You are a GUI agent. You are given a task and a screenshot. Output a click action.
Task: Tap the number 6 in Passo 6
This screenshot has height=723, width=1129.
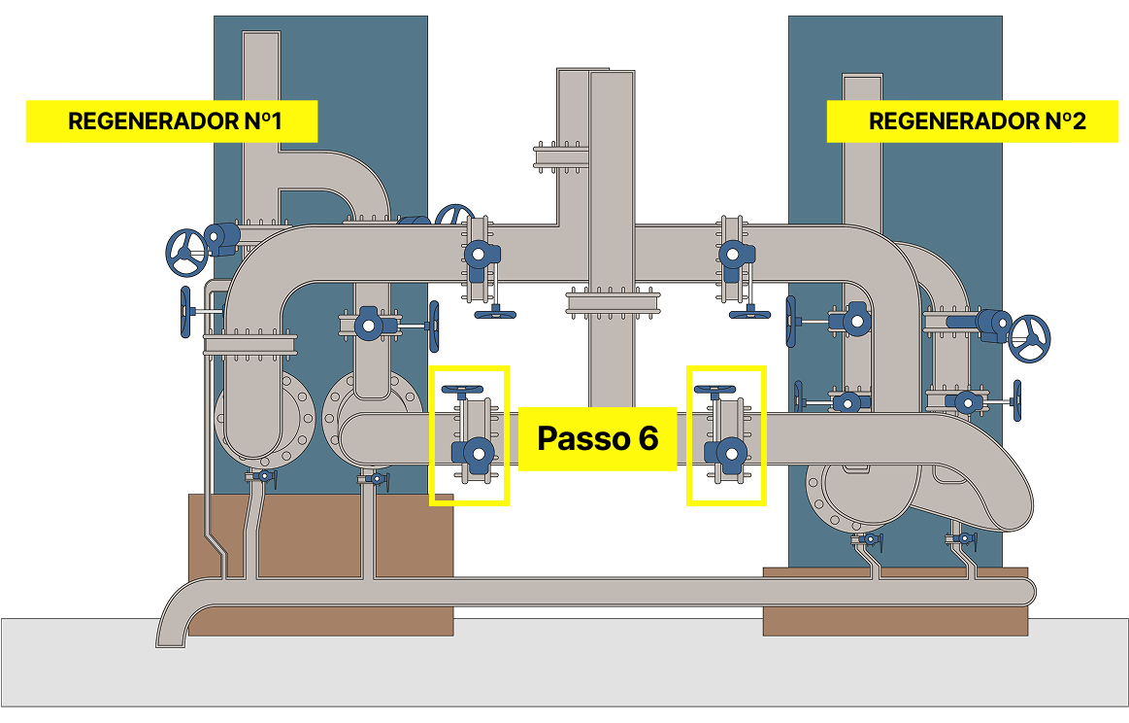tap(648, 438)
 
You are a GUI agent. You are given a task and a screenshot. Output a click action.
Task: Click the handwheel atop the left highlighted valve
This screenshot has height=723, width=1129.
tap(462, 390)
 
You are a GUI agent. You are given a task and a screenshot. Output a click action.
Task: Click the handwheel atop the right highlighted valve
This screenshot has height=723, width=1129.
tap(715, 389)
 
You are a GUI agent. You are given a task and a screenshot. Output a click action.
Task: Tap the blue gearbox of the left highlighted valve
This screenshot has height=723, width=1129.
tap(475, 452)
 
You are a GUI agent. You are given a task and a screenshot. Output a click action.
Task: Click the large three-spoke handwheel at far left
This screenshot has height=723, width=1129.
tap(185, 253)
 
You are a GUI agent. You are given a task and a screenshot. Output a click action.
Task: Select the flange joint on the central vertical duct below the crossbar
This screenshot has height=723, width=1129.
tap(614, 304)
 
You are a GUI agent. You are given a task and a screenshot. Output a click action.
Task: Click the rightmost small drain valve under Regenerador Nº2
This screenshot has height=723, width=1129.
tap(961, 538)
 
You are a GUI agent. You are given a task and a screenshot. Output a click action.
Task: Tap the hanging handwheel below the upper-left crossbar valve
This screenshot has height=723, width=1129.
tap(495, 313)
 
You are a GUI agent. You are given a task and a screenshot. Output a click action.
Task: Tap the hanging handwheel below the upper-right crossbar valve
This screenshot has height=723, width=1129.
tap(749, 313)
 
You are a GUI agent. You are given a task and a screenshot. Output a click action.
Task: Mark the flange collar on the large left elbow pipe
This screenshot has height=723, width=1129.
tap(249, 343)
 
